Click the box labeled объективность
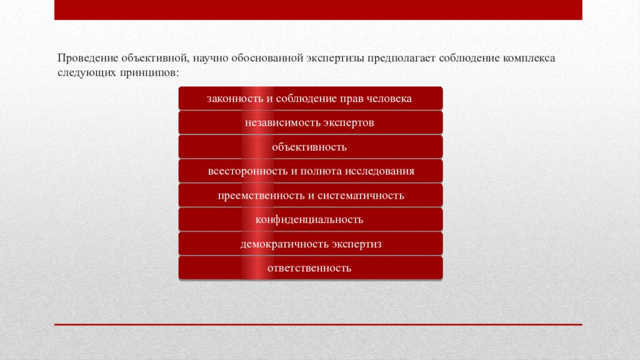pyautogui.click(x=310, y=147)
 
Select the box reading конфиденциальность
pyautogui.click(x=310, y=219)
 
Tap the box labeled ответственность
pyautogui.click(x=310, y=268)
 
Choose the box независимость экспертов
pyautogui.click(x=310, y=122)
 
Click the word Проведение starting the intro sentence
pyautogui.click(x=88, y=58)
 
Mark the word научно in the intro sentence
pyautogui.click(x=209, y=58)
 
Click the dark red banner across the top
pyautogui.click(x=318, y=9)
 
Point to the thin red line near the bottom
pyautogui.click(x=318, y=324)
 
